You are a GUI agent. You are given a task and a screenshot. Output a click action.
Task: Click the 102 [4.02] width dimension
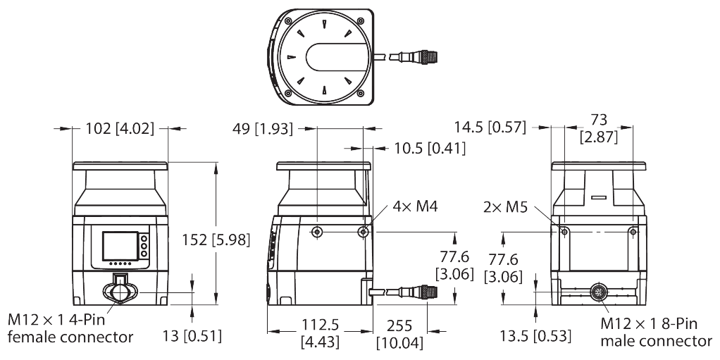(120, 128)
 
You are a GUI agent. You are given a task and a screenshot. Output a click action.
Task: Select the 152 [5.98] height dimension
(216, 240)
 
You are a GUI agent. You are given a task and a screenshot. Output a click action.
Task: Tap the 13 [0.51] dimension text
(192, 336)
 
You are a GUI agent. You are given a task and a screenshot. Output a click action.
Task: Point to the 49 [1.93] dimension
(262, 129)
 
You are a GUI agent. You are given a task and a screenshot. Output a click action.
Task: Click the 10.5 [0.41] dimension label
(429, 149)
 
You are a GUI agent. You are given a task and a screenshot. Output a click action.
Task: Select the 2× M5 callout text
(504, 208)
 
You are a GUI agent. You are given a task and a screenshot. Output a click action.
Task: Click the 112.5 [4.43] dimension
(320, 333)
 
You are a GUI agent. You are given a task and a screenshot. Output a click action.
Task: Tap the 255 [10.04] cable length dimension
(399, 334)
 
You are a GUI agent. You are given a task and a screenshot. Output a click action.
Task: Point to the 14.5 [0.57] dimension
(490, 127)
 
